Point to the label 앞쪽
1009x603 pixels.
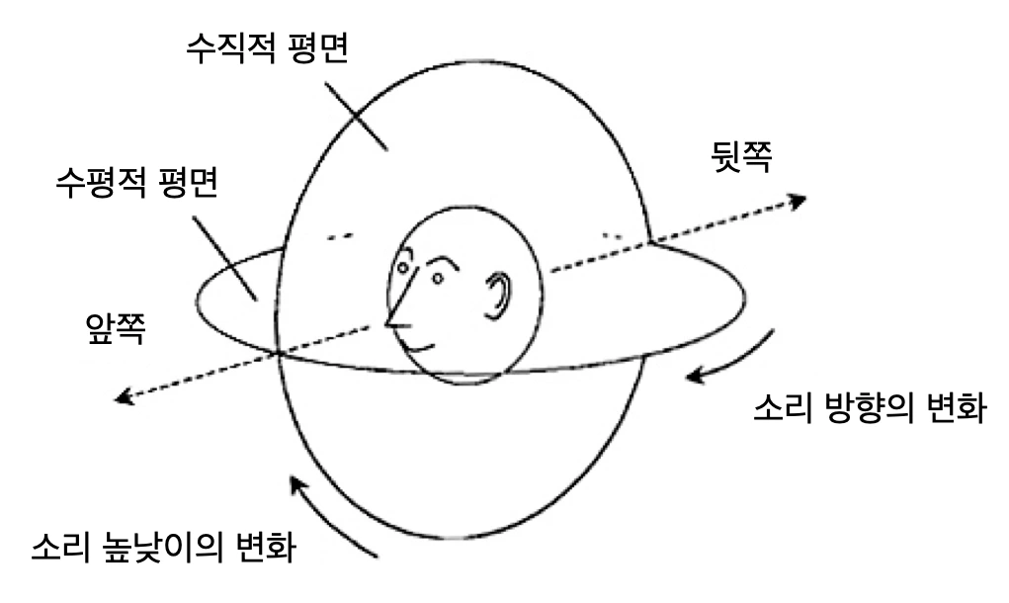[x=117, y=328]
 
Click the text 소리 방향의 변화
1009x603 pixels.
[x=866, y=407]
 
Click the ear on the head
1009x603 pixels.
[x=501, y=295]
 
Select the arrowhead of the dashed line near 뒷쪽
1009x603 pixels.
[x=796, y=202]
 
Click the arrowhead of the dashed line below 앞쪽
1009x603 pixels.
[x=125, y=397]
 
